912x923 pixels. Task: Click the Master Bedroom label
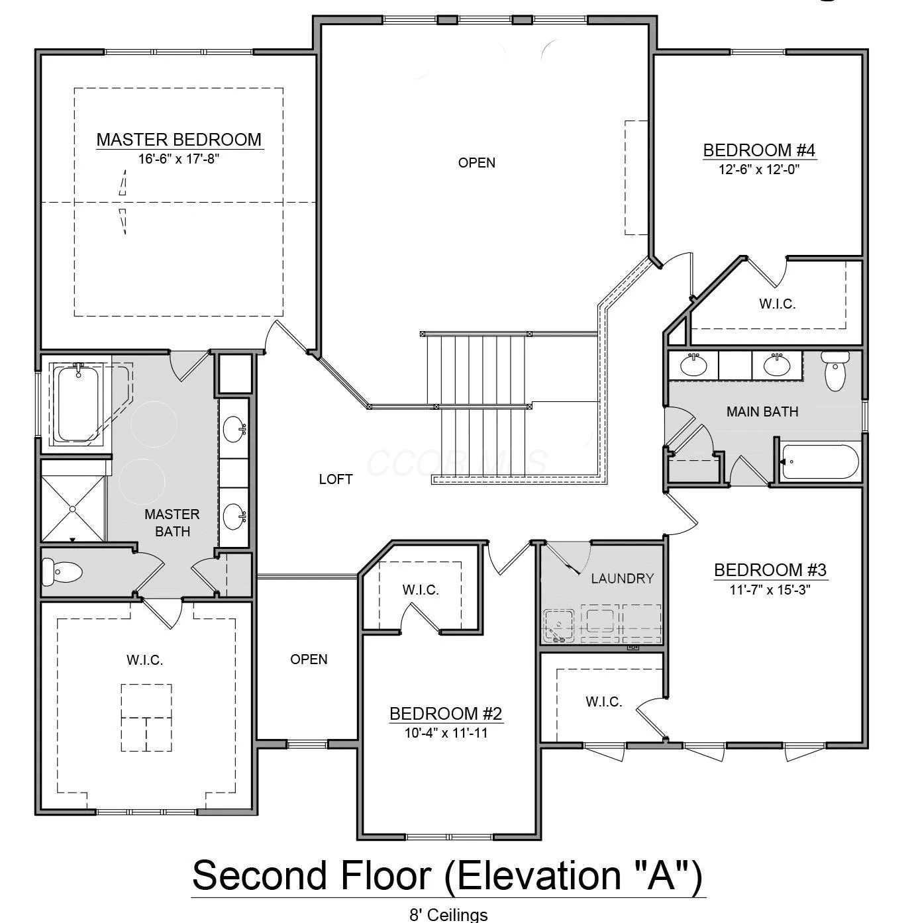179,140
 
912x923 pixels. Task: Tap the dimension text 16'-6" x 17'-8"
179,158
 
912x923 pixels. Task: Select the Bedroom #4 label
759,150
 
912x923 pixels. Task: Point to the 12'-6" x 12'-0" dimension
759,170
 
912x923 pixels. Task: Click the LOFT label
336,479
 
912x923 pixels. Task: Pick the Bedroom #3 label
770,570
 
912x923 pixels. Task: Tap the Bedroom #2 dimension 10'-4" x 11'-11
446,733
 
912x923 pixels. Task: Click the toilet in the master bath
62,571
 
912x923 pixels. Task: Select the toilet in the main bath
835,371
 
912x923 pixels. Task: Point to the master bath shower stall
73,509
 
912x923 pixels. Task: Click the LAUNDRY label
623,579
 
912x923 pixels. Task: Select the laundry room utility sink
559,626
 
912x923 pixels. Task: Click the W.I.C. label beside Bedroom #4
778,304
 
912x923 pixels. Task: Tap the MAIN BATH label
762,411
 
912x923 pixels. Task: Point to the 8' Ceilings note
448,915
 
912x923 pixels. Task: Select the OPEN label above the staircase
477,163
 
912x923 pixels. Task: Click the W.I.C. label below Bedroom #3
604,702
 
